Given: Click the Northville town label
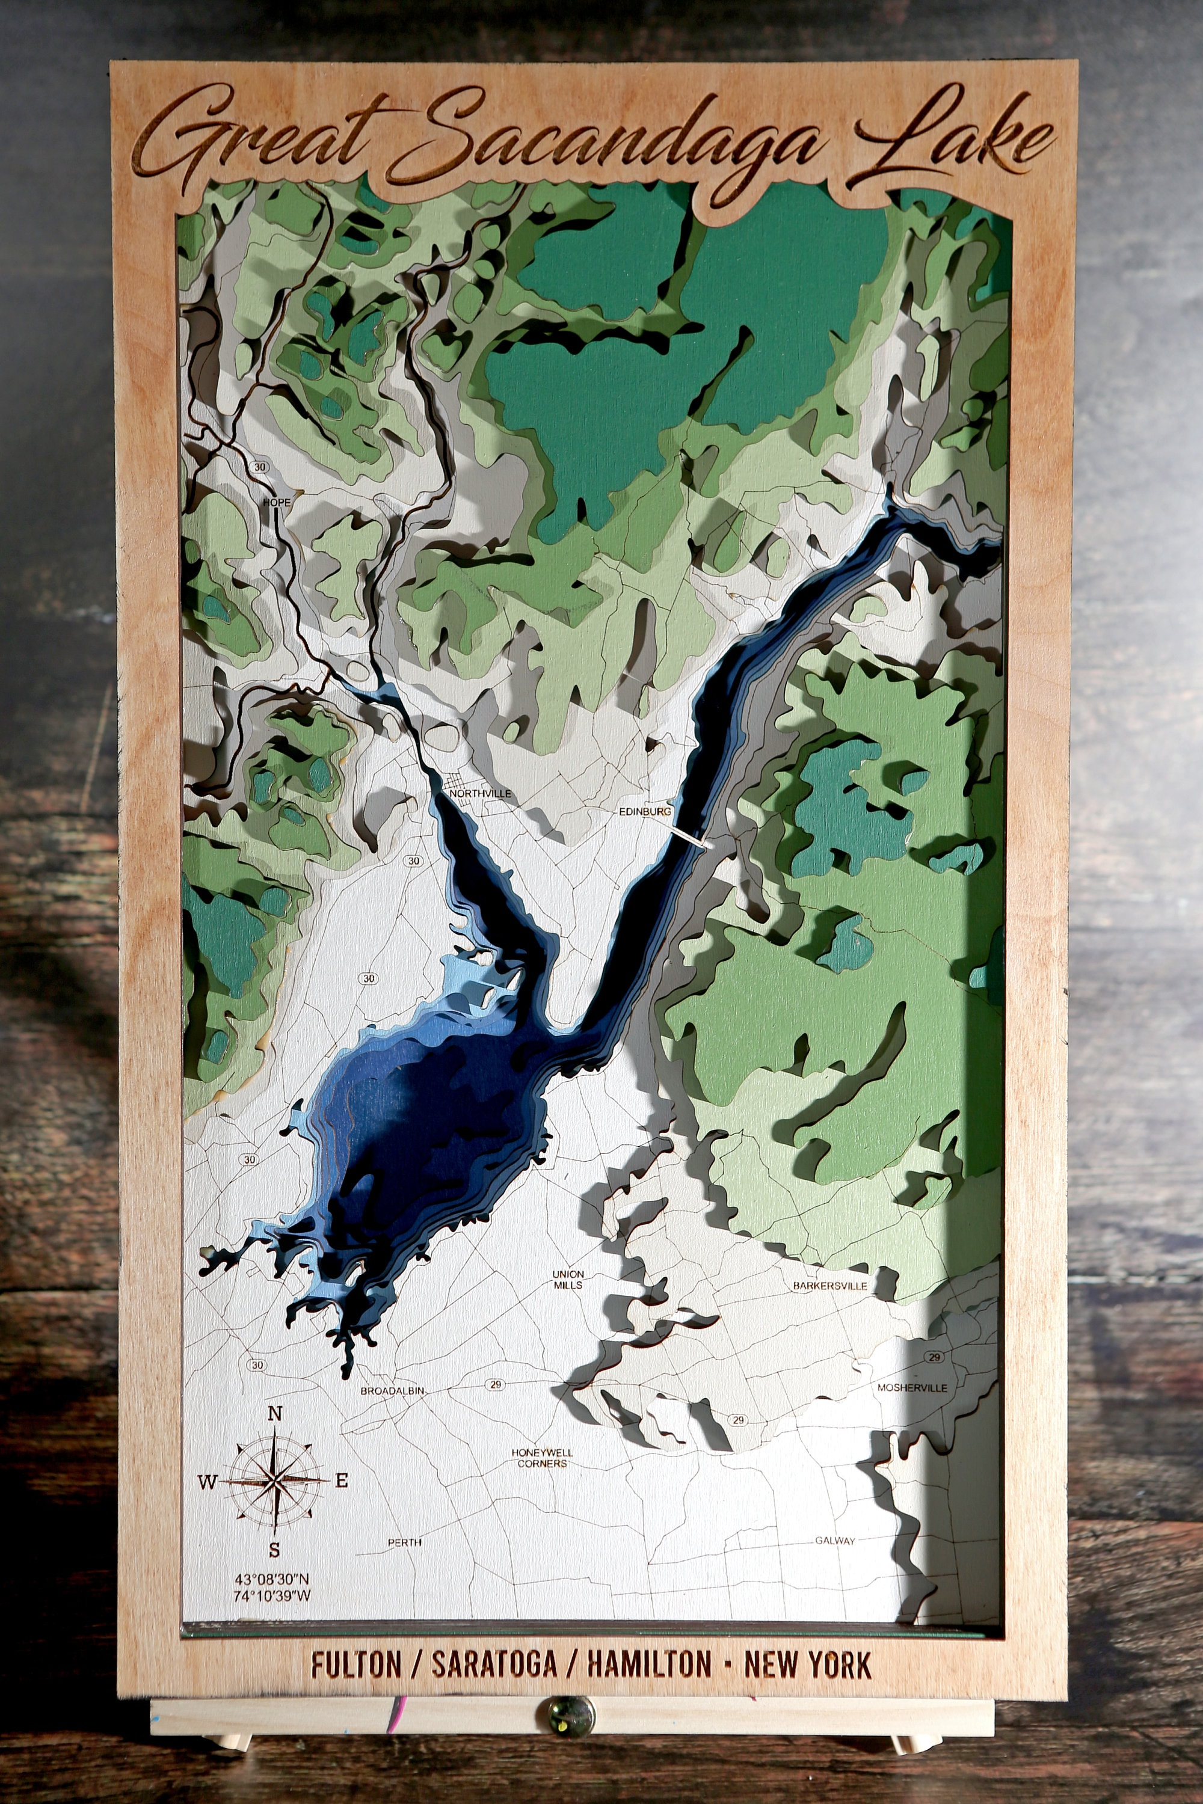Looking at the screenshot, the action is (x=479, y=794).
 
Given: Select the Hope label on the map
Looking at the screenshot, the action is (x=277, y=502).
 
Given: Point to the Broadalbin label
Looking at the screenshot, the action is (x=392, y=1390).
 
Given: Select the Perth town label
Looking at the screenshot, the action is (x=404, y=1542).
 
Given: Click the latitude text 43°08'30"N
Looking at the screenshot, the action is (x=272, y=1579).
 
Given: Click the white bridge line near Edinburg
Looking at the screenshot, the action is (x=690, y=835).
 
